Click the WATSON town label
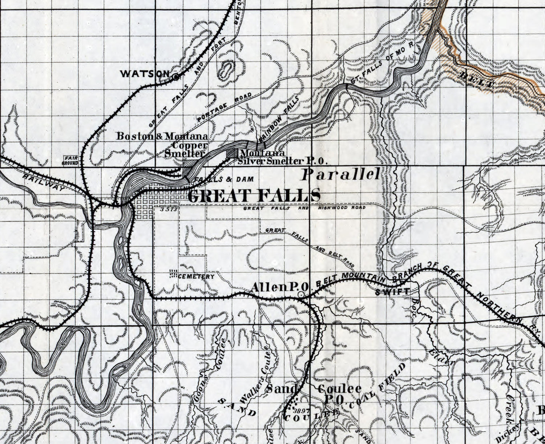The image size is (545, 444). click(145, 74)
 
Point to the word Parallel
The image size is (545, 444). click(341, 175)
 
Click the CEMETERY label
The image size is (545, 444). click(196, 277)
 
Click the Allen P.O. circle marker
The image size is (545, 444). click(301, 295)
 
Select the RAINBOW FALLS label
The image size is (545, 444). click(278, 118)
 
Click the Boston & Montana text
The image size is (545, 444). click(162, 137)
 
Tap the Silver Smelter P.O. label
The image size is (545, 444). click(283, 161)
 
